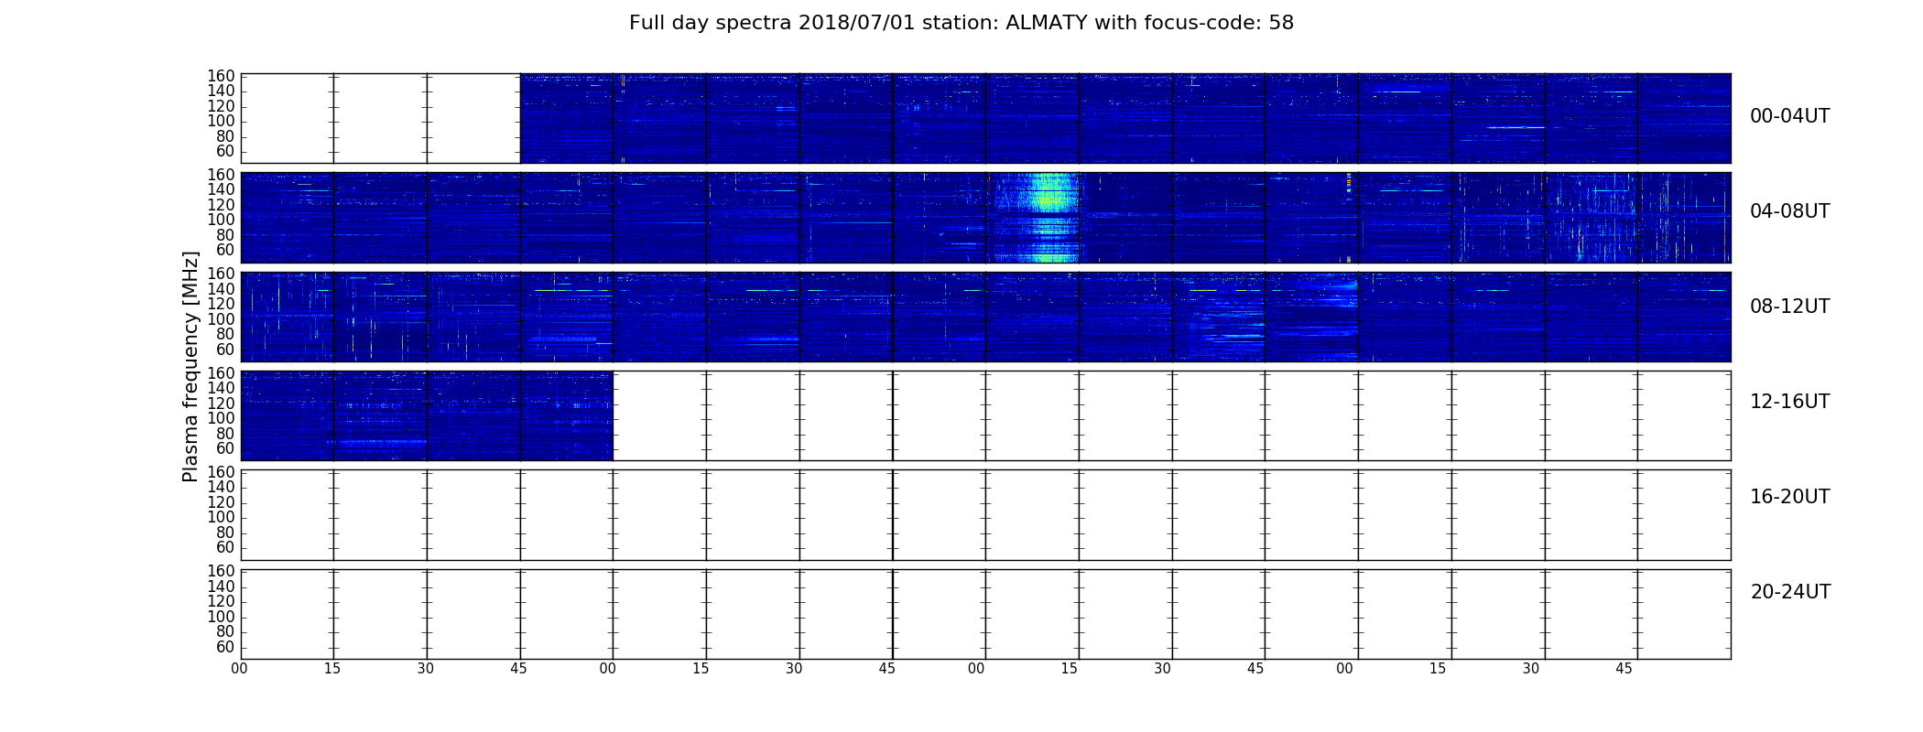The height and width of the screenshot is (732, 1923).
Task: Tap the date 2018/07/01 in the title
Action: point(856,23)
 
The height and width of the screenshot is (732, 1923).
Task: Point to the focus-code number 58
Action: point(1281,23)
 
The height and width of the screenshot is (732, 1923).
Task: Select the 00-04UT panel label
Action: point(1790,116)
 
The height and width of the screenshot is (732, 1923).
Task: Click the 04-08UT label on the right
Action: point(1790,211)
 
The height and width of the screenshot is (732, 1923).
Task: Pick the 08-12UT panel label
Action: point(1790,307)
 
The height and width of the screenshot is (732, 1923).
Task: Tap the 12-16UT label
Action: point(1790,402)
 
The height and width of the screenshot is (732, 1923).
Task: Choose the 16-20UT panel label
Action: point(1790,497)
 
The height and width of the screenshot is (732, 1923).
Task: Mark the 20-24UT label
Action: point(1790,592)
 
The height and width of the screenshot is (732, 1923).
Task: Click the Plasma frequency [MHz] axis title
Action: point(190,366)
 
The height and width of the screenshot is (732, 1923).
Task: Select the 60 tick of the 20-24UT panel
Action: point(225,648)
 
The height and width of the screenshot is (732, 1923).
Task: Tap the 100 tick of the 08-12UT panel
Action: point(222,319)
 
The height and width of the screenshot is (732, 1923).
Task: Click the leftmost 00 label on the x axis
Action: point(239,669)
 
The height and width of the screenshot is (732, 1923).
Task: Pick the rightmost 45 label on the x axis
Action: point(1624,669)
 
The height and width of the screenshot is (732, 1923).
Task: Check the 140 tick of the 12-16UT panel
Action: point(222,388)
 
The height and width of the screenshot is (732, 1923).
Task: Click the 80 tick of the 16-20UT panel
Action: point(225,533)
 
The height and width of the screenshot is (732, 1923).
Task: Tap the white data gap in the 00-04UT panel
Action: point(380,118)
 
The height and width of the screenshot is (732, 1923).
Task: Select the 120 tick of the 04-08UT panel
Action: point(222,205)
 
